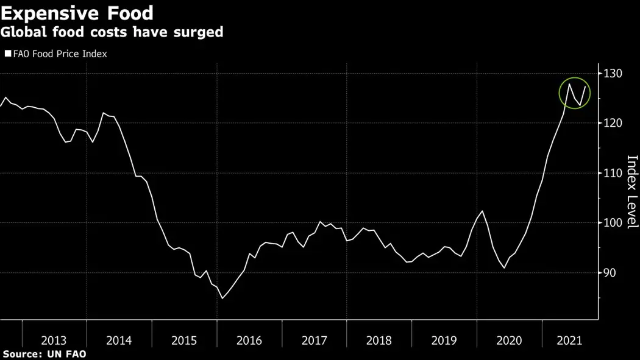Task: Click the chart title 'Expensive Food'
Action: coord(77,12)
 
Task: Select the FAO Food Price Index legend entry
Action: coord(56,54)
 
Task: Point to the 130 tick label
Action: coord(614,74)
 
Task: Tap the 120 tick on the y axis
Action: coord(614,123)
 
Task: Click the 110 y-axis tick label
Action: coord(614,173)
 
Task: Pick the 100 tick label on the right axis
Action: coord(614,222)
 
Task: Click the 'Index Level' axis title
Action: coord(632,192)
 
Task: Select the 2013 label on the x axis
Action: coord(54,340)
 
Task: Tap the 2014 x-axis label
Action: coord(119,340)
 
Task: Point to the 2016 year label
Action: coord(249,340)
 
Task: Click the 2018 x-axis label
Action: coord(379,340)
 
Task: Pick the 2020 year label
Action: coord(509,340)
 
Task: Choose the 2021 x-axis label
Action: coord(569,340)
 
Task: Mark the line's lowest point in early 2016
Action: coord(222,298)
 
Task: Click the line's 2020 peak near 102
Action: coord(482,211)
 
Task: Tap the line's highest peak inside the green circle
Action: coord(569,84)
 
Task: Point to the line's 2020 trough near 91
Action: coord(504,267)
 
